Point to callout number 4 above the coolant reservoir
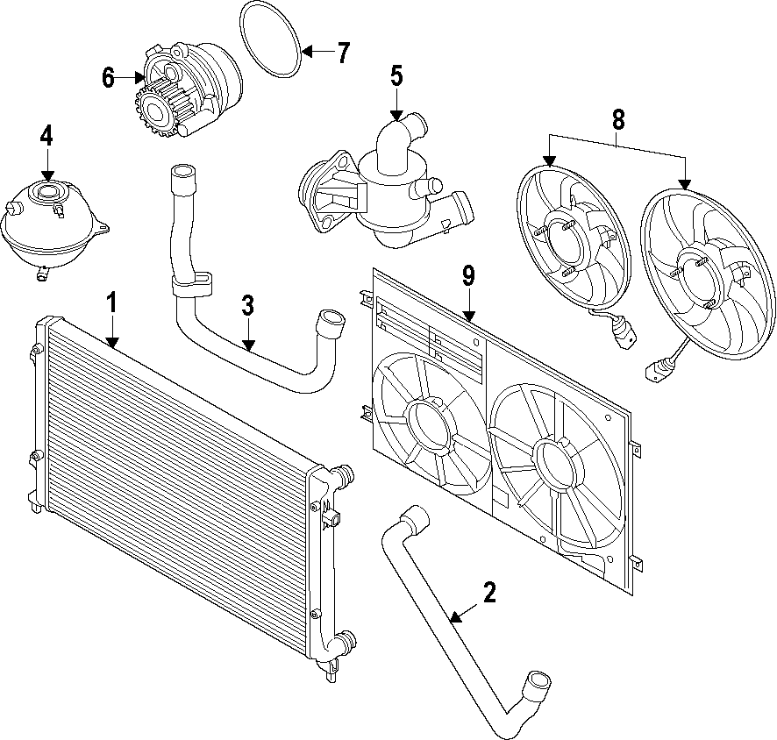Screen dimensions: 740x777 coord(46,135)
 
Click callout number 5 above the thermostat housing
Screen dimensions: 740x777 coord(396,75)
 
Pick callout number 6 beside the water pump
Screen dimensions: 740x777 coord(108,77)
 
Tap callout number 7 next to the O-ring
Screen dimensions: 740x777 coord(342,53)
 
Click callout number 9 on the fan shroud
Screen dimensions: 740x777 coord(468,277)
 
